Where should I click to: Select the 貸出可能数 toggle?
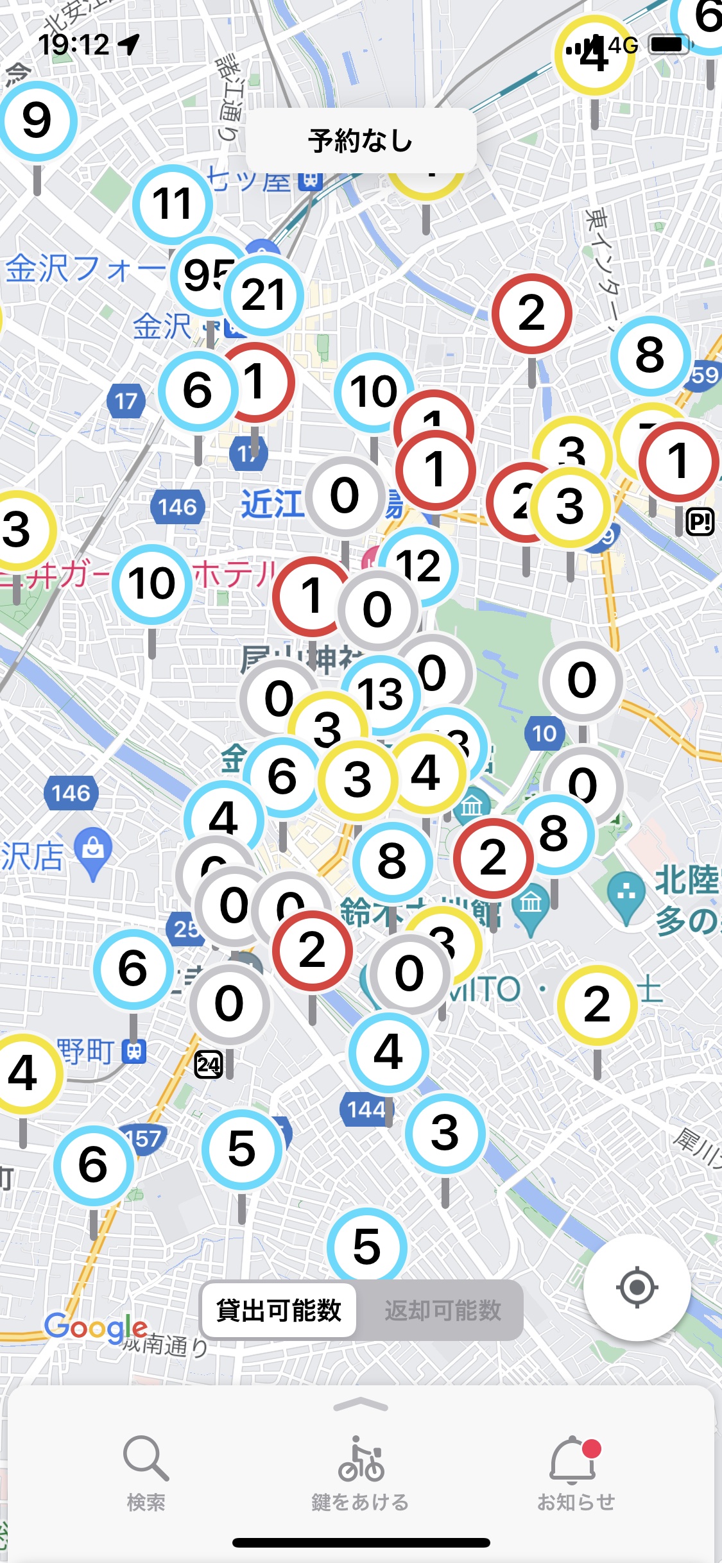[x=279, y=1310]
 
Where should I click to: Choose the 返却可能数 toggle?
[x=442, y=1310]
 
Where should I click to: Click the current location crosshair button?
[x=637, y=1286]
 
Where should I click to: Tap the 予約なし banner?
[x=361, y=141]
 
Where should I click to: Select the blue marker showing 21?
[x=264, y=295]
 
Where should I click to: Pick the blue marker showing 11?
[x=173, y=204]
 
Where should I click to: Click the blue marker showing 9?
[x=37, y=121]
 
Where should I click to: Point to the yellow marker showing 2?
[x=597, y=1005]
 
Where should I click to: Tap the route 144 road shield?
[x=366, y=1109]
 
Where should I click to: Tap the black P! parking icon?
[x=700, y=522]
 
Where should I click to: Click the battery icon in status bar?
[x=669, y=44]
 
